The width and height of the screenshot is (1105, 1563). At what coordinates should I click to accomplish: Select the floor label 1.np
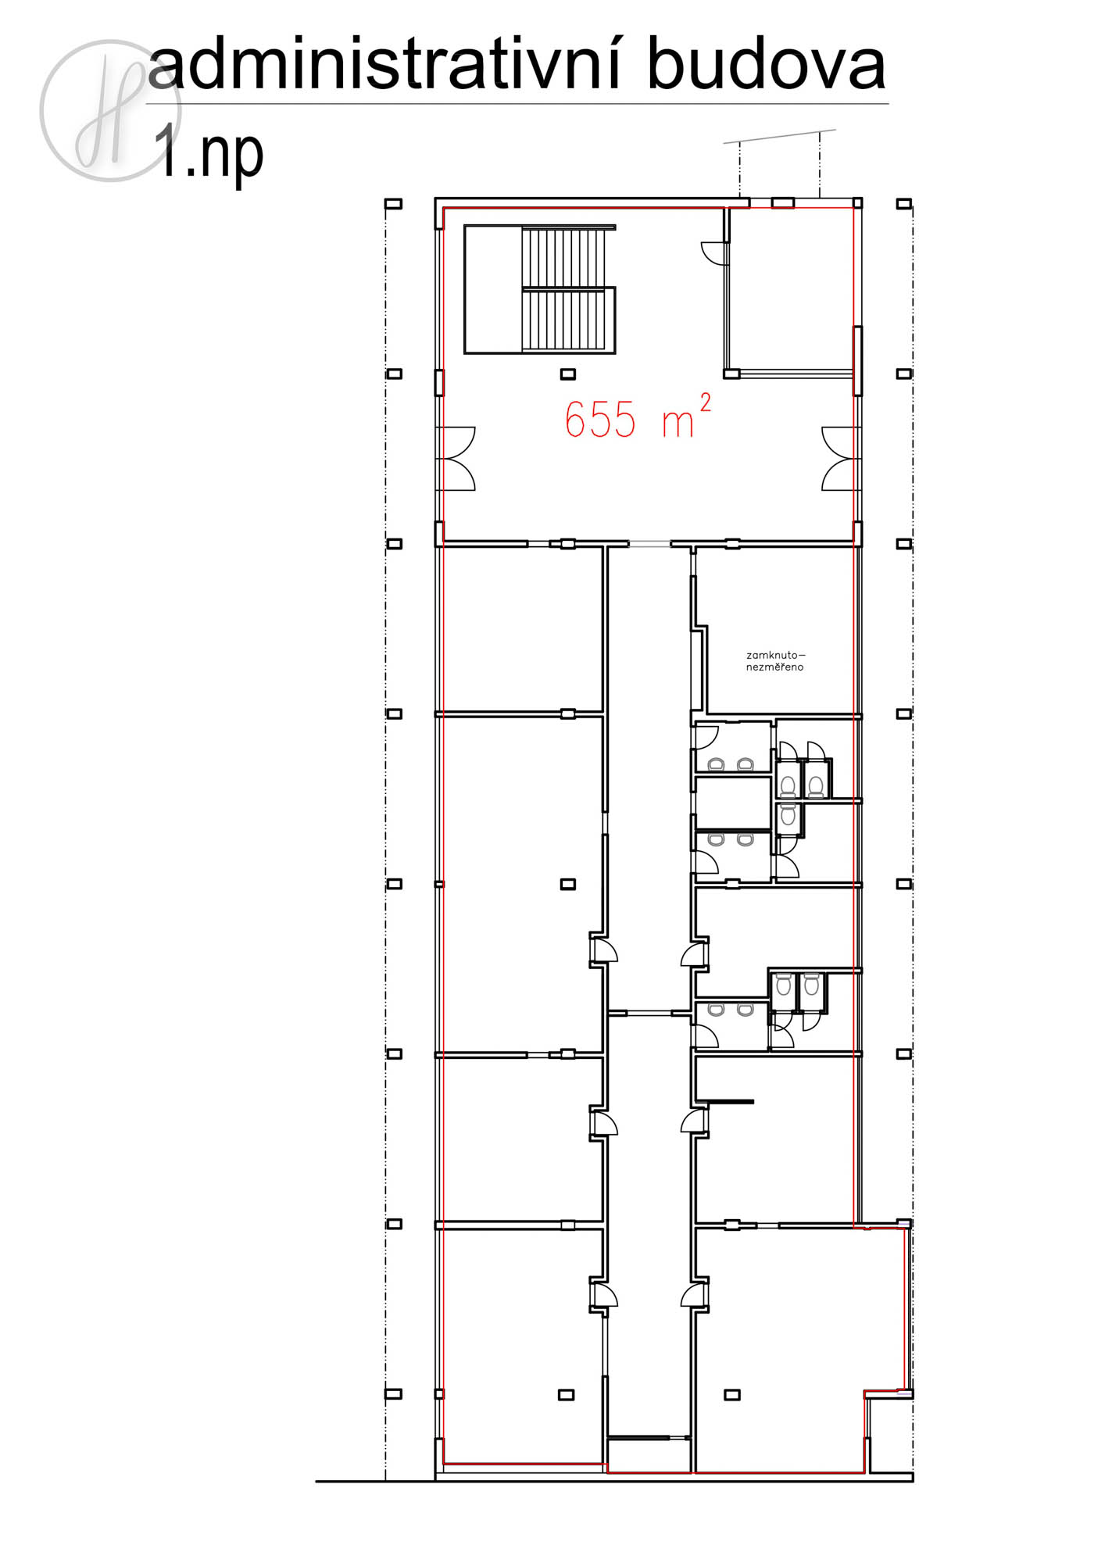[x=208, y=153]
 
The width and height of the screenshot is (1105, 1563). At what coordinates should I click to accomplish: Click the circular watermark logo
[x=110, y=110]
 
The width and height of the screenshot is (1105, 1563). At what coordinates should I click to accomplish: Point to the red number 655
[x=600, y=420]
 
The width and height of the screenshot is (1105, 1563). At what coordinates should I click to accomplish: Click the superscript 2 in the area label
[x=705, y=402]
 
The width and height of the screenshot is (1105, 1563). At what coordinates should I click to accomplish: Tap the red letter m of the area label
[x=678, y=424]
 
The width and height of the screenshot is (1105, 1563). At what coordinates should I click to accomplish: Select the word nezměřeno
[x=774, y=667]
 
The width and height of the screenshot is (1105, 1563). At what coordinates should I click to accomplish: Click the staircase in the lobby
[x=540, y=289]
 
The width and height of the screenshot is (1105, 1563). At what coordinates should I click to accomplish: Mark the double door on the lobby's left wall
[x=456, y=459]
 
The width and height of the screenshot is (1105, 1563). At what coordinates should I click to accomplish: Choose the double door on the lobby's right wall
[x=841, y=459]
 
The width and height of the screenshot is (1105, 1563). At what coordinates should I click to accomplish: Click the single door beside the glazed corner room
[x=714, y=253]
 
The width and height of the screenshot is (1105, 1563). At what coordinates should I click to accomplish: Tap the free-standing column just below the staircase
[x=568, y=374]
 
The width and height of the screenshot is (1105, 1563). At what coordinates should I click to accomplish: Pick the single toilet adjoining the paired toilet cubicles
[x=788, y=815]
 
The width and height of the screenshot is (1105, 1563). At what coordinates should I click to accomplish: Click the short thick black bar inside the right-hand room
[x=725, y=1102]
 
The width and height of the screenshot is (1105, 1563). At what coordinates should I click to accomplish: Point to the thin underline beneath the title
[x=517, y=103]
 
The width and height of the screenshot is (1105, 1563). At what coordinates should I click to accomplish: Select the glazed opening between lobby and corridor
[x=649, y=543]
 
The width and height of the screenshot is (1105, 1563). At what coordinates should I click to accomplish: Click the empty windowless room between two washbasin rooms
[x=733, y=803]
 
